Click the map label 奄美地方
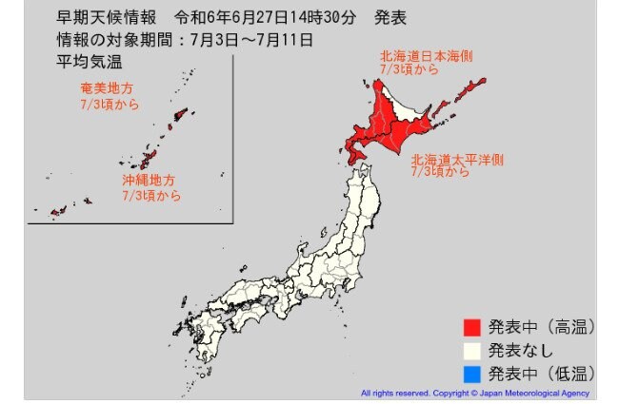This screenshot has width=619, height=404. [109, 88]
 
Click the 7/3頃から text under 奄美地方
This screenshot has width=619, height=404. [110, 104]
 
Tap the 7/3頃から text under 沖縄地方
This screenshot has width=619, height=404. [150, 194]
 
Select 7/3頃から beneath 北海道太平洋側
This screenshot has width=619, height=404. [440, 173]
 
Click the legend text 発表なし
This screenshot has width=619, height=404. [519, 349]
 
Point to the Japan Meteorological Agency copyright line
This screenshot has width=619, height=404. [474, 393]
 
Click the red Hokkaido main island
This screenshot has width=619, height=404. [405, 119]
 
